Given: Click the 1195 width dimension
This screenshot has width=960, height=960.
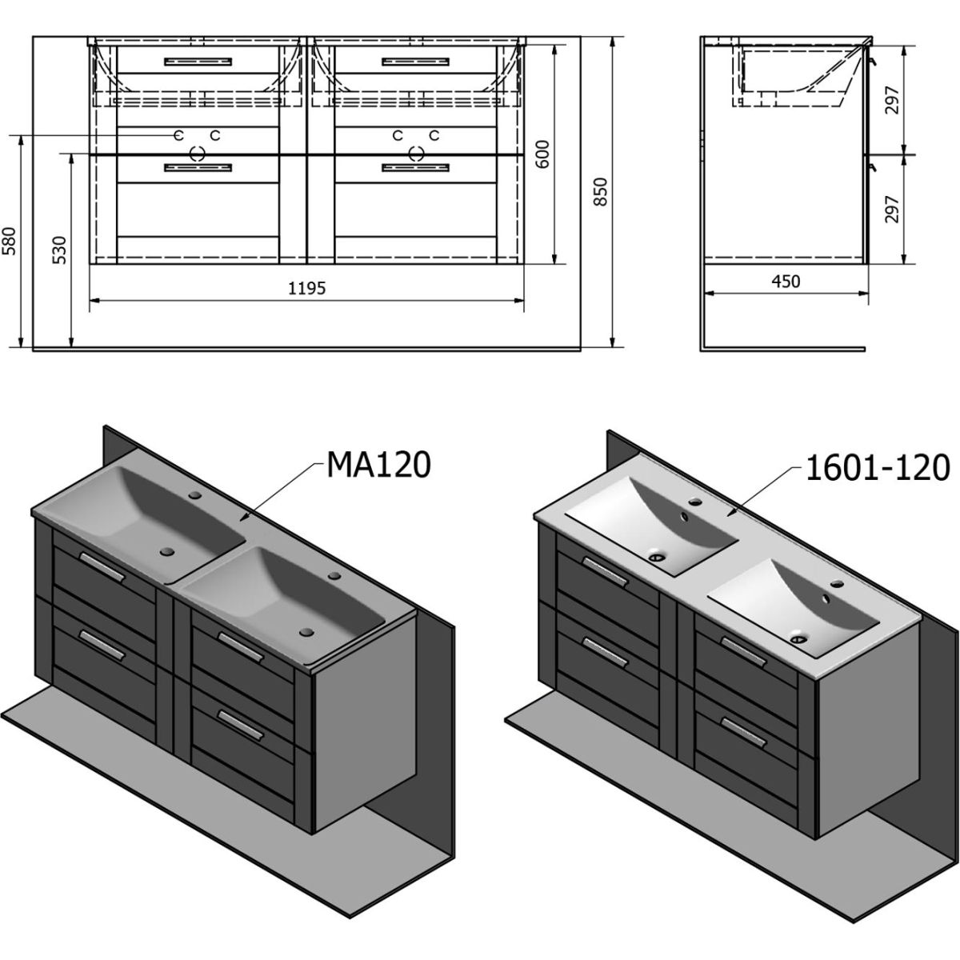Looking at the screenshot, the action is coord(307,288).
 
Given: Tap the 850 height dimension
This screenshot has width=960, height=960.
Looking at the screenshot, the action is coord(602,192).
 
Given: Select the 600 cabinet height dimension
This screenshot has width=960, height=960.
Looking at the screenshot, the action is coord(542,154).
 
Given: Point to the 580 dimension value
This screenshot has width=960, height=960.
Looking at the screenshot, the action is coord(10,241).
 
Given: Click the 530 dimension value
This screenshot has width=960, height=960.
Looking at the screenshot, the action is coord(59,250).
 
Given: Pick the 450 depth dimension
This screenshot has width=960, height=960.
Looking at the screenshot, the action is coord(786,282).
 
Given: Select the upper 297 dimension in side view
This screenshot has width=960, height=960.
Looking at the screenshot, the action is coord(892,100).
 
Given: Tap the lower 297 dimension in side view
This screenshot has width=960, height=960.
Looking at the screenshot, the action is coord(892,209).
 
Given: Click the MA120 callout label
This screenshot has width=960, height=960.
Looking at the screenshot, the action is coord(378,466).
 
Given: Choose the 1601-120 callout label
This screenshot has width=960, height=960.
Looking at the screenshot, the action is coord(878,469).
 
